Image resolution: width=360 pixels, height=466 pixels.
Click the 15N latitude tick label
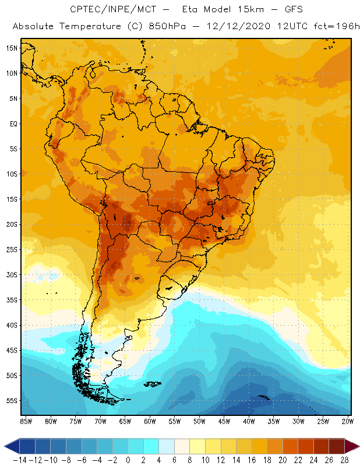(11, 48)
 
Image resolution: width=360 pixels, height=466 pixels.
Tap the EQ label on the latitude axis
(12, 123)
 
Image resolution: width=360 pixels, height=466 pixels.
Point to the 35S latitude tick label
(11, 300)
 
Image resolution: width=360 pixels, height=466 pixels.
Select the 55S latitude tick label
(11, 401)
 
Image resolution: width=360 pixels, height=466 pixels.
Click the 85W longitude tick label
(26, 421)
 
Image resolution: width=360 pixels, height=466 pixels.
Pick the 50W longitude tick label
(199, 421)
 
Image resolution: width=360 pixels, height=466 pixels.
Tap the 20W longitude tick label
(348, 421)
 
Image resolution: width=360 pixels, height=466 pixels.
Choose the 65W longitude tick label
(125, 421)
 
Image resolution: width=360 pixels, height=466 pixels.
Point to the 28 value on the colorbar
(344, 460)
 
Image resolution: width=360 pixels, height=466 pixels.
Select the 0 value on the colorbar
(128, 460)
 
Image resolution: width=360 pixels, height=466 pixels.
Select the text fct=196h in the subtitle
(331, 27)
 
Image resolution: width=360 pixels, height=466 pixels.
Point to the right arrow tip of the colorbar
(357, 446)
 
